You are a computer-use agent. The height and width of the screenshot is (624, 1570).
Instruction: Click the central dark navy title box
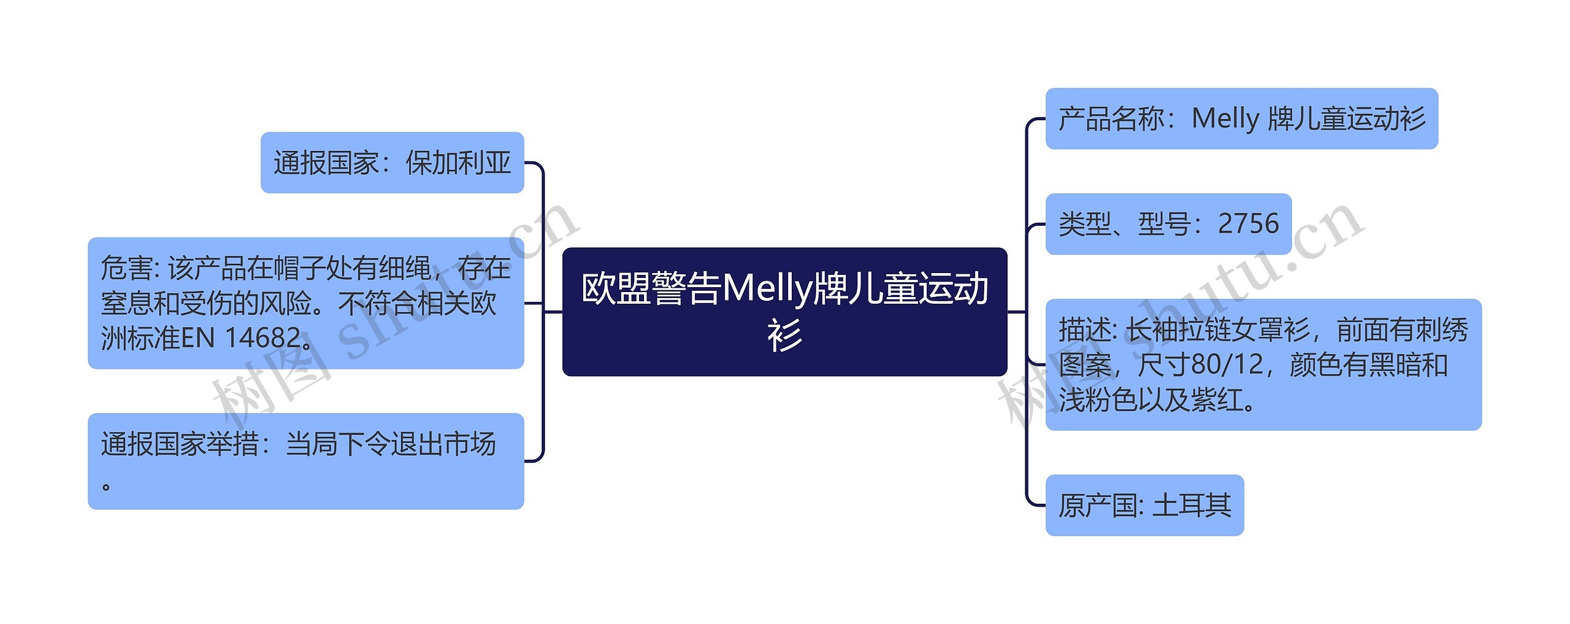(x=784, y=312)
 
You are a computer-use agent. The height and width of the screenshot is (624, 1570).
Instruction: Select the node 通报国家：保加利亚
(x=392, y=163)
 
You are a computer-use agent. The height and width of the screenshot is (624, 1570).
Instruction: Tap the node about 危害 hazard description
(x=305, y=303)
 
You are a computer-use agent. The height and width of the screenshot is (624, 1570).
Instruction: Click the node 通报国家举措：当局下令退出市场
(x=305, y=461)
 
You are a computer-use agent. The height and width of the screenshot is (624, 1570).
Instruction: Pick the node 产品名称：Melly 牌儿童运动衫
(x=1241, y=118)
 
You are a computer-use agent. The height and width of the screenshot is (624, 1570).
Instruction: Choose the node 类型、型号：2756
(x=1168, y=224)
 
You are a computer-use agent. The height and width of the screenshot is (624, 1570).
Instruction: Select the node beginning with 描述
(x=1263, y=364)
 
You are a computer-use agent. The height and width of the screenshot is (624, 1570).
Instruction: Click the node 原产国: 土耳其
(x=1144, y=505)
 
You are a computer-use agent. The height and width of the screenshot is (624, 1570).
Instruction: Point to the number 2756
(x=1248, y=224)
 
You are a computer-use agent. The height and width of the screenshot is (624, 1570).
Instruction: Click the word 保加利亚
(x=458, y=163)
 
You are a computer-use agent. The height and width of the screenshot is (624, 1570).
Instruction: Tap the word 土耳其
(x=1192, y=506)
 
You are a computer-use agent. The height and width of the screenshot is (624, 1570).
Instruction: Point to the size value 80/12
(x=1227, y=365)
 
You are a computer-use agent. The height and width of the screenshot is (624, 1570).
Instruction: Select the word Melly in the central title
(x=767, y=288)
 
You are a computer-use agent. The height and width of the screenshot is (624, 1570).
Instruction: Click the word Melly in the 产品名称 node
(x=1225, y=119)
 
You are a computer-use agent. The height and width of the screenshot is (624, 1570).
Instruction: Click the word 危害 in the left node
(x=127, y=268)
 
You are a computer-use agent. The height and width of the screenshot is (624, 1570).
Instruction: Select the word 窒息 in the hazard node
(x=127, y=303)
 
